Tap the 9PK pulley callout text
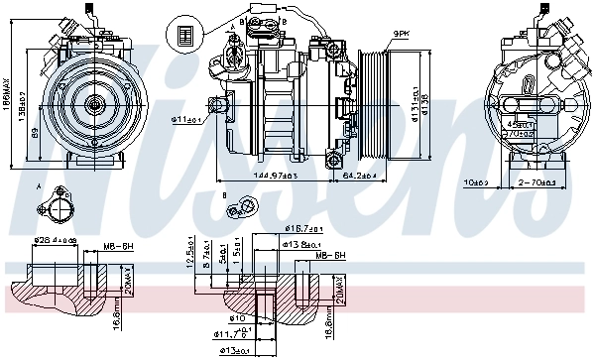pyautogui.click(x=402, y=33)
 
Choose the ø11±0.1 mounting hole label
pyautogui.click(x=185, y=119)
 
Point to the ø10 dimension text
pyautogui.click(x=239, y=318)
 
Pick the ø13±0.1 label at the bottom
pyautogui.click(x=233, y=349)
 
